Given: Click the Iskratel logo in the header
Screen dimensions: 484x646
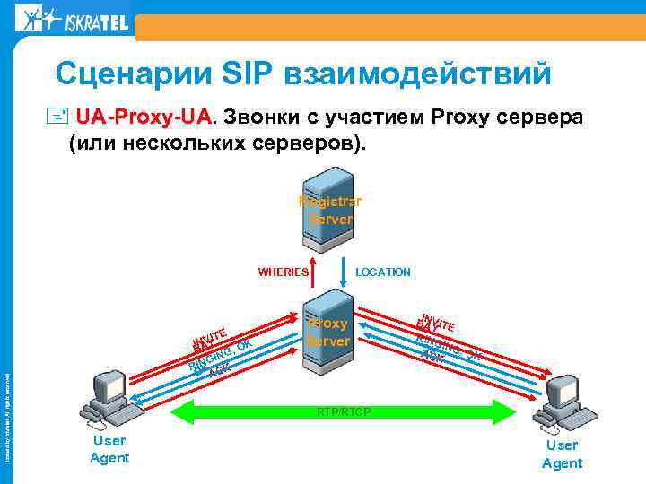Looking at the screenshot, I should (72, 20).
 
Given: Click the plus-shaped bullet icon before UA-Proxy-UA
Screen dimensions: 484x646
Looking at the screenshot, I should (62, 117).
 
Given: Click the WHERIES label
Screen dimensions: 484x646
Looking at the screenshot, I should (284, 272).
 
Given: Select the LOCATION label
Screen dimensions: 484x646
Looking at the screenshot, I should (383, 272).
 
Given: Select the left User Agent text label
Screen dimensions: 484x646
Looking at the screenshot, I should (109, 449).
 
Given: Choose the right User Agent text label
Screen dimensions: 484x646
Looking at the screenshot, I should (562, 454).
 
